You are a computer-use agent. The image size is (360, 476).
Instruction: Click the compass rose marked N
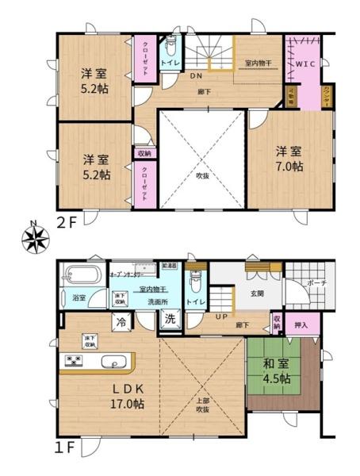33,237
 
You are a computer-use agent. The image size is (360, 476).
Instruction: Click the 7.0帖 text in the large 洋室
289,167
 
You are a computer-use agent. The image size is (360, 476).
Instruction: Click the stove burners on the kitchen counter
73,363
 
